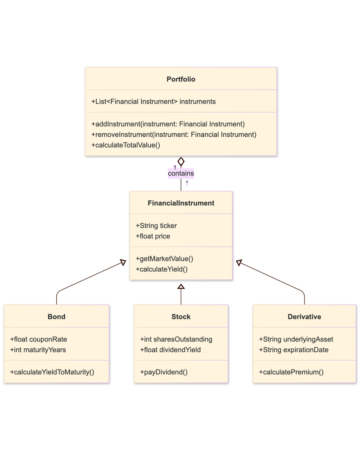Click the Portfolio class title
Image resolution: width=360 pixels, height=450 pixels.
coord(181,79)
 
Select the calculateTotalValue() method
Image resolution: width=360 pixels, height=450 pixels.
coord(126,145)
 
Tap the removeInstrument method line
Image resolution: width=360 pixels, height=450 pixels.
coord(174,134)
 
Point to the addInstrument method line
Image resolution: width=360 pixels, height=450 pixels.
coord(168,124)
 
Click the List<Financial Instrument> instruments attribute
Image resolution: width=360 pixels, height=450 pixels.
coord(153,102)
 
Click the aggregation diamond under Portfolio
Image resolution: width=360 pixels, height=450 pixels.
coord(181,162)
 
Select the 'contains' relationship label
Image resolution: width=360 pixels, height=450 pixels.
coord(181,173)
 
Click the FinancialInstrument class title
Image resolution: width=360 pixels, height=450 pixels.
coord(181,203)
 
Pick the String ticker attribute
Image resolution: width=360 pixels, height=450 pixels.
coord(156,225)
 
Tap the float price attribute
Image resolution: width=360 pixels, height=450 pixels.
coord(153,236)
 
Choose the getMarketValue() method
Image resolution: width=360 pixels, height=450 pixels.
coord(164,259)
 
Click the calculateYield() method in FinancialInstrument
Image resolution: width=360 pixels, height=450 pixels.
coord(161,270)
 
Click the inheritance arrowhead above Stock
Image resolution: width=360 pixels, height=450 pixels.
coord(181,286)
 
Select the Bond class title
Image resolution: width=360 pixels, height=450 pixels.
coord(56,317)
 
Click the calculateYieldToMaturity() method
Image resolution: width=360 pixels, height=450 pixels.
coord(52,372)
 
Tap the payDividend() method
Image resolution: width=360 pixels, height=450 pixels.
coord(163,372)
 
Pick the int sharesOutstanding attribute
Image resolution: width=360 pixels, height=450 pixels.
coord(176,339)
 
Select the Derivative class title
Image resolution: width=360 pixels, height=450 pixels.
coord(304,317)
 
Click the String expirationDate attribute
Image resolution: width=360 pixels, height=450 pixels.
coord(293,350)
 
